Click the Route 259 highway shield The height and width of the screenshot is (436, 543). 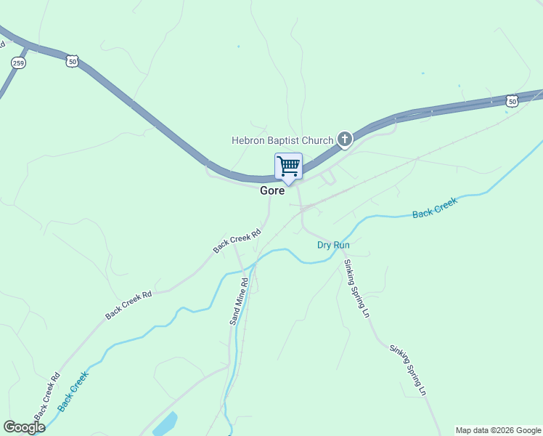tap(17, 63)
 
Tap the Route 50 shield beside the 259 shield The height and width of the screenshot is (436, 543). tap(72, 62)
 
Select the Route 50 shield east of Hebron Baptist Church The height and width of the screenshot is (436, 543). tap(513, 100)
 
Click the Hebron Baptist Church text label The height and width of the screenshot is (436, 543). tap(282, 140)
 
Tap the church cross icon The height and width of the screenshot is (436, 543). tap(344, 139)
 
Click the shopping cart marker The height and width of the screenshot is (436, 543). tap(288, 166)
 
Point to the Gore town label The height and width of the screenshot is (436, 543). tap(272, 191)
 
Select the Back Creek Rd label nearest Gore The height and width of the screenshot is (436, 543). tap(237, 241)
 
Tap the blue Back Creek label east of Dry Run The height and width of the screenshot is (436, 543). tap(435, 209)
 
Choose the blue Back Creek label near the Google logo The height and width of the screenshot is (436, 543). tap(73, 392)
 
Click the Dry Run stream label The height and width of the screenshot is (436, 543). tap(333, 245)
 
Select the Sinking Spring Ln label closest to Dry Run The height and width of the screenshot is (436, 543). tap(356, 288)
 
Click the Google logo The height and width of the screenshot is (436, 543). tap(24, 427)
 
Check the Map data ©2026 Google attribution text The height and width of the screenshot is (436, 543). tap(498, 430)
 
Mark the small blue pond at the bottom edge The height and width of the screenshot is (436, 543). tap(166, 424)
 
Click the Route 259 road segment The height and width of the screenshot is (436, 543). tap(9, 81)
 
